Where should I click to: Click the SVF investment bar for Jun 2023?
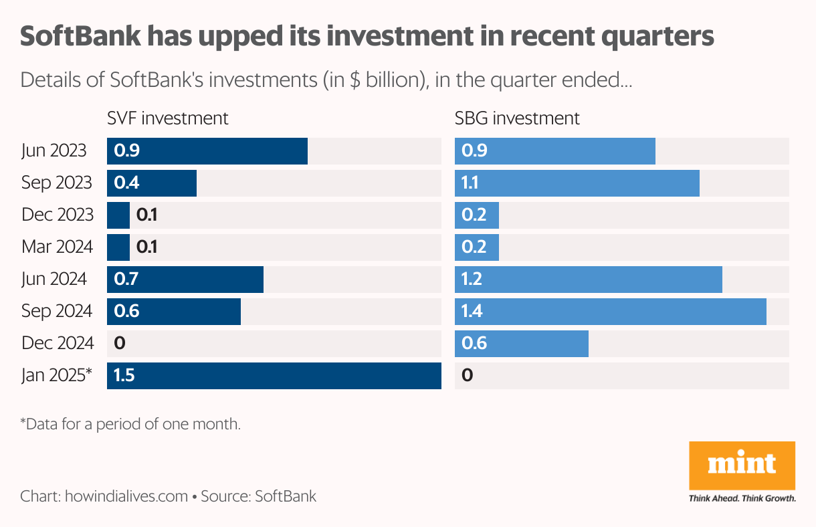(207, 150)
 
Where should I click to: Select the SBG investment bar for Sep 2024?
(610, 311)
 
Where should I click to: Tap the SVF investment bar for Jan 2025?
(274, 375)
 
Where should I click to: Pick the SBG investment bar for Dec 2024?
(522, 343)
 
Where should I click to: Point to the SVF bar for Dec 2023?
(118, 215)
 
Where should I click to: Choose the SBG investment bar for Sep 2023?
(577, 183)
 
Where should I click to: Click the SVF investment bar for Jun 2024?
(185, 279)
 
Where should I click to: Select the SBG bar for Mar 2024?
(477, 247)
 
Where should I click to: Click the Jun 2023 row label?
(54, 150)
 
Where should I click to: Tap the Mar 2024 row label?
(57, 247)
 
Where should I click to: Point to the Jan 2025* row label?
(56, 375)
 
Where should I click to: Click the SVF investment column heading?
(168, 118)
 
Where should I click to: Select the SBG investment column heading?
(517, 118)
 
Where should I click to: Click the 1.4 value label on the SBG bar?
(472, 311)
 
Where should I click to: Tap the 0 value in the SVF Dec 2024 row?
(120, 343)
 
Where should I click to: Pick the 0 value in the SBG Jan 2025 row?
(467, 375)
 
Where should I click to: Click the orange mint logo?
(742, 465)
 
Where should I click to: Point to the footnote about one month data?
(130, 424)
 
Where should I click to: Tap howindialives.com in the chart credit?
(126, 496)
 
